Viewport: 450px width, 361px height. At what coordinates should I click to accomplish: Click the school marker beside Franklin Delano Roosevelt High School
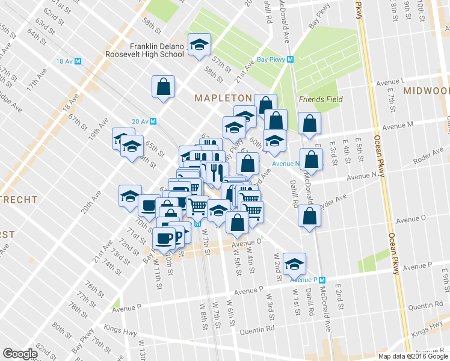(x=199, y=45)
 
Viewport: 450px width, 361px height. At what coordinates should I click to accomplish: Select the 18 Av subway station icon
(x=78, y=61)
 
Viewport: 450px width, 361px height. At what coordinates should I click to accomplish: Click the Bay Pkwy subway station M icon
(x=290, y=60)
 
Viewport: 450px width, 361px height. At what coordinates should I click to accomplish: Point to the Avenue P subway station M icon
(x=322, y=280)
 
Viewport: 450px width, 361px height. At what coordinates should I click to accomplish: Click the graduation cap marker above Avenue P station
(x=294, y=263)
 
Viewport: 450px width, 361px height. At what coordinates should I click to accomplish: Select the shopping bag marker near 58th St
(x=164, y=87)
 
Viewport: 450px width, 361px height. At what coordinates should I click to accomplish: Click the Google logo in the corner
(x=20, y=354)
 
